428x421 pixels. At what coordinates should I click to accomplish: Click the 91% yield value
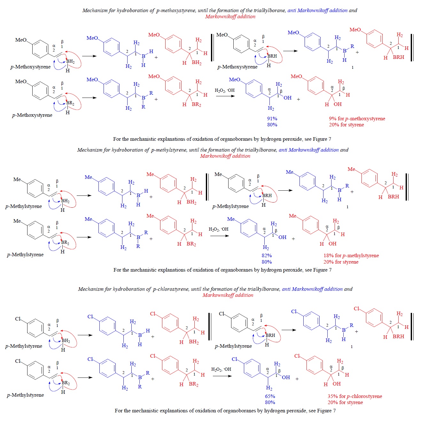272,119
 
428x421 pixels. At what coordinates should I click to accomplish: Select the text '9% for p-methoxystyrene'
357,119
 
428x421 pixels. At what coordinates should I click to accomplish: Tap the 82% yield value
267,256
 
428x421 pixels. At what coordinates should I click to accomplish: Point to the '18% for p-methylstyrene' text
351,256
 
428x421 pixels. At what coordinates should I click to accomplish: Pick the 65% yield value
270,396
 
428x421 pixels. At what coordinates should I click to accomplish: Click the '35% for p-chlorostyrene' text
354,396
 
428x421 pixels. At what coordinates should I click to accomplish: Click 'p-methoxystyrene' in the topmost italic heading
176,11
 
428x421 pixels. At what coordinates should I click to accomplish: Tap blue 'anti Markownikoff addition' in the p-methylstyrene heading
308,150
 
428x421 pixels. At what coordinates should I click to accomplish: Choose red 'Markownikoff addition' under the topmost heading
230,17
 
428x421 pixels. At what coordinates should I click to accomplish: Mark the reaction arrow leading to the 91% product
226,96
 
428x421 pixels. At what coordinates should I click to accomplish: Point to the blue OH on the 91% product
287,98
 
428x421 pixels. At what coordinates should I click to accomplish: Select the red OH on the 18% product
332,244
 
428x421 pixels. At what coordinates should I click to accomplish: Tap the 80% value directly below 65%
270,402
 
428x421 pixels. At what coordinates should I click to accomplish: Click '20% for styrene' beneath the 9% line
346,125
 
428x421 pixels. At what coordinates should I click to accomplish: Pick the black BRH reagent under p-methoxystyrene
272,56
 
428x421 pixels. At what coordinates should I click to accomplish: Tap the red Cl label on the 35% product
297,356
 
